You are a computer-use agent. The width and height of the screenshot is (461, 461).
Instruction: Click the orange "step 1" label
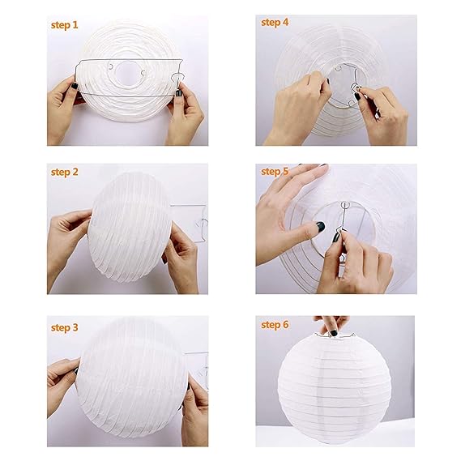coord(65,25)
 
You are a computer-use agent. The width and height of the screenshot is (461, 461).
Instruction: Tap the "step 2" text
coord(65,172)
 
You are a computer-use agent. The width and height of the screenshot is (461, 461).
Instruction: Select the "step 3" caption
coord(65,327)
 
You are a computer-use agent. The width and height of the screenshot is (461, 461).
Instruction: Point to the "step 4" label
coord(275,22)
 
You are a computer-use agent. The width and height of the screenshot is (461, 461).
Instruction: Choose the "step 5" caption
coord(275,172)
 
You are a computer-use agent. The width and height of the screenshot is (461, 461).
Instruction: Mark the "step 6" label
coord(275,324)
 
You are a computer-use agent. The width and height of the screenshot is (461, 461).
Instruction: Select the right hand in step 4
coord(381,113)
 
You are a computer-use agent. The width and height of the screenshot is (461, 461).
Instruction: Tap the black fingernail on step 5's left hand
coord(320,227)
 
